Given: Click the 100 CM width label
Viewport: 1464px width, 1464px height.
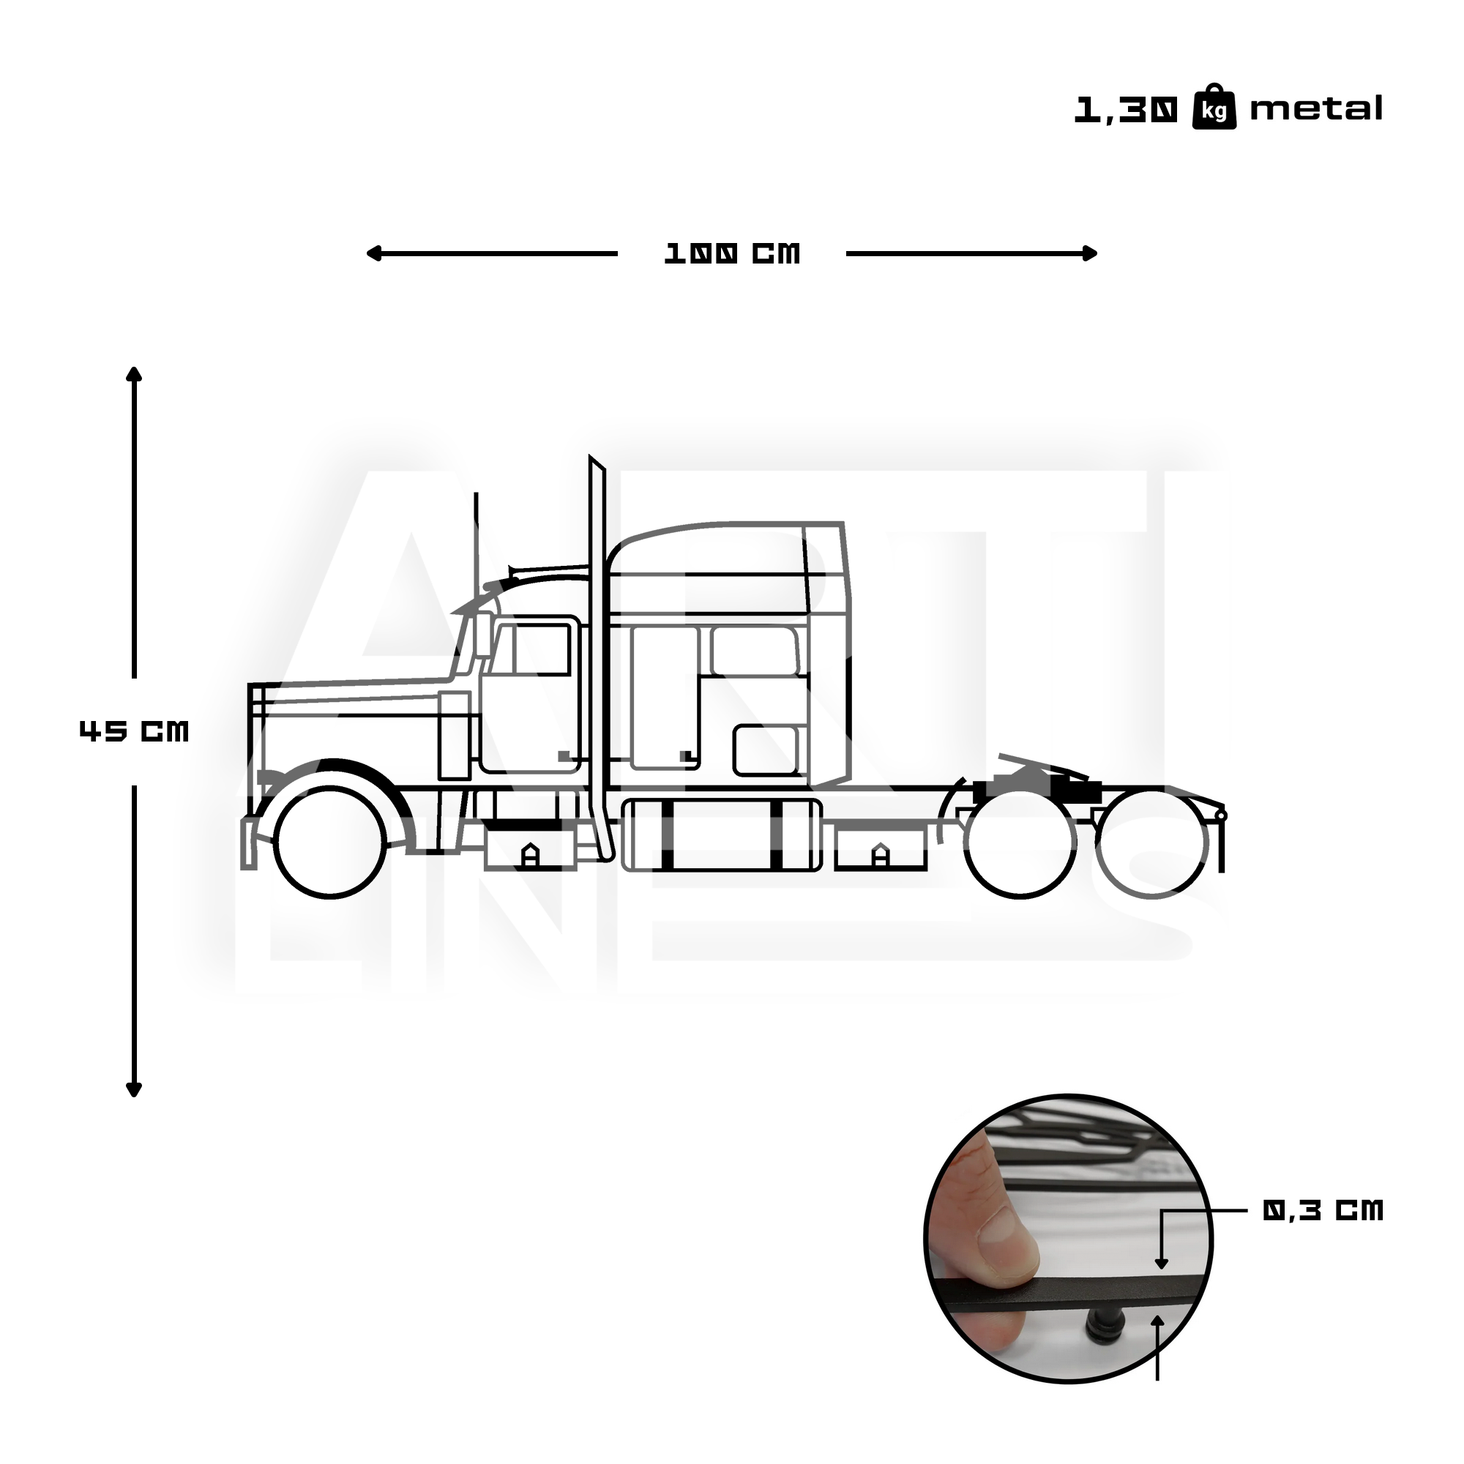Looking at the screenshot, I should pyautogui.click(x=731, y=254).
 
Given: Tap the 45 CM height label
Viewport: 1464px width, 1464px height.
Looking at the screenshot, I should pyautogui.click(x=133, y=731).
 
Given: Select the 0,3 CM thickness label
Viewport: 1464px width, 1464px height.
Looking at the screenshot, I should pyautogui.click(x=1322, y=1210).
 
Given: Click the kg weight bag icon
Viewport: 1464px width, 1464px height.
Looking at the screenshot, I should pyautogui.click(x=1214, y=108).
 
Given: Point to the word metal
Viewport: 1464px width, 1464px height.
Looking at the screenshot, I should pyautogui.click(x=1315, y=109).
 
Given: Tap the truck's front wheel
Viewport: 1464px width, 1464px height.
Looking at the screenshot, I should pyautogui.click(x=330, y=842).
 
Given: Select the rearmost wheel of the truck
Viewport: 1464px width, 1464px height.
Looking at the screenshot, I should pyautogui.click(x=1151, y=842).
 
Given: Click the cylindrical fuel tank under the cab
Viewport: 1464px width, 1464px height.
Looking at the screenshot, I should pyautogui.click(x=720, y=835).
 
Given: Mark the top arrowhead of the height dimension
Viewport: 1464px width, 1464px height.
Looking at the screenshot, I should pyautogui.click(x=134, y=373).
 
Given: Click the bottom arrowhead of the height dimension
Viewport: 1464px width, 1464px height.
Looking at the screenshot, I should pyautogui.click(x=134, y=1091).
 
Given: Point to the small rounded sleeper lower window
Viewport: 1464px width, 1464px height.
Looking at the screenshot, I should pyautogui.click(x=766, y=750).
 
